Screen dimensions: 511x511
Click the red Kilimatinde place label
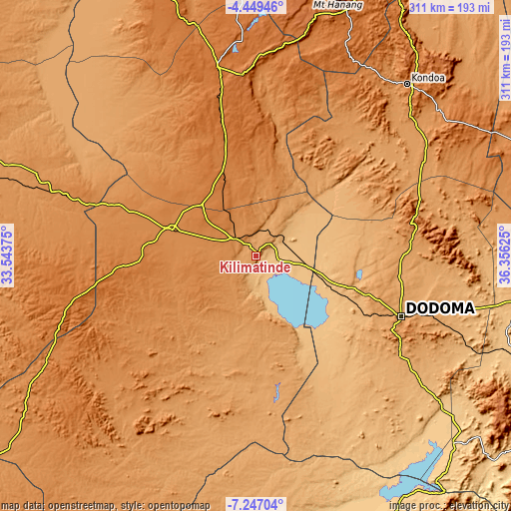click(255, 267)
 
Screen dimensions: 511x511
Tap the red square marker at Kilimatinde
click(255, 255)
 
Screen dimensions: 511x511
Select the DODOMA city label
click(439, 307)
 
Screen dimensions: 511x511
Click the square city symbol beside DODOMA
click(400, 315)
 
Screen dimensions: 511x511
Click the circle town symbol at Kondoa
click(407, 85)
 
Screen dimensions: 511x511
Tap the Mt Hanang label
click(338, 5)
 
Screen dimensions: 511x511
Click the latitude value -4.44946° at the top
click(255, 7)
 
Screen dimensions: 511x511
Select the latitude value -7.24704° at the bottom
click(255, 503)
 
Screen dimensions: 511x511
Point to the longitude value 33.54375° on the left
click(8, 255)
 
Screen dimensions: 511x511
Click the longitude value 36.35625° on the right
click(503, 255)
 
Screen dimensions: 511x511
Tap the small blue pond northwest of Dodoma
click(358, 274)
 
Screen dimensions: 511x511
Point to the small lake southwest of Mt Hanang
click(236, 47)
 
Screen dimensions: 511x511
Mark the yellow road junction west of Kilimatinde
click(172, 228)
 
